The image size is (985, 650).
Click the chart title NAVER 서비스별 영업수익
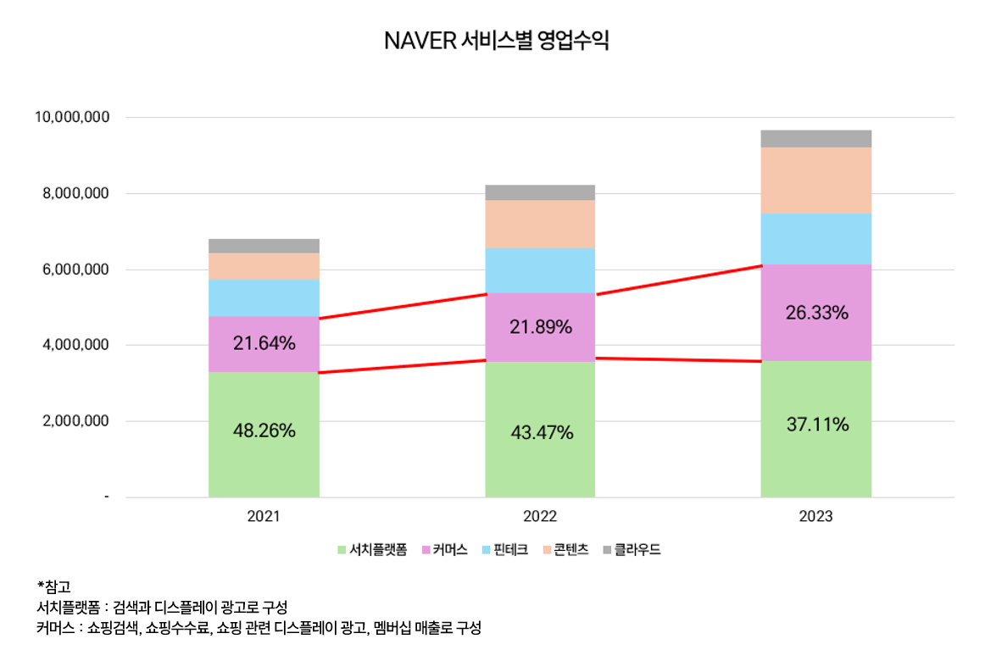[496, 41]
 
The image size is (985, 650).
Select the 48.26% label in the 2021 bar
[264, 431]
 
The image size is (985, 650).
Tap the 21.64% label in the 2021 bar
[264, 343]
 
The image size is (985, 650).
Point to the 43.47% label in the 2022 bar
[542, 433]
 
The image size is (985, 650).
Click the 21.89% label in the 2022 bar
[541, 326]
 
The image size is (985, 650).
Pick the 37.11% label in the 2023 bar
[817, 425]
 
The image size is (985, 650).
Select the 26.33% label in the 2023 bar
[817, 313]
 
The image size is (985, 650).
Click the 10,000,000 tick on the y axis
[72, 117]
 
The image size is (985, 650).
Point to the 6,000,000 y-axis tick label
[75, 269]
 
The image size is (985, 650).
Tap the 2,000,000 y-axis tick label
[75, 421]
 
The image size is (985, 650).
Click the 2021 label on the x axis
[264, 516]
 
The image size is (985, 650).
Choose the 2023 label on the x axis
[816, 516]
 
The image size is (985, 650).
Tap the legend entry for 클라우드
[632, 550]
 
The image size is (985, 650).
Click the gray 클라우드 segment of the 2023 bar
[816, 139]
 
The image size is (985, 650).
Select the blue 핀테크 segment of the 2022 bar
[540, 270]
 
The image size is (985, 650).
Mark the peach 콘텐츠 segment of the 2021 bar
[264, 266]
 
